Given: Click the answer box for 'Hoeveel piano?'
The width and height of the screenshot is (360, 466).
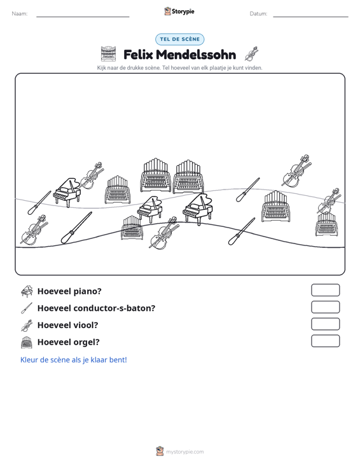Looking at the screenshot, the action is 325,290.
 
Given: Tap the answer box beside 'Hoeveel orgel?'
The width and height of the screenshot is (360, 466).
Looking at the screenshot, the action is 325,341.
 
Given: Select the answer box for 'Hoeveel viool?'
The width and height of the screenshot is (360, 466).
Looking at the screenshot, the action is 325,324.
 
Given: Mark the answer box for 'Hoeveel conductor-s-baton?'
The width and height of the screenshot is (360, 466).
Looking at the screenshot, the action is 325,307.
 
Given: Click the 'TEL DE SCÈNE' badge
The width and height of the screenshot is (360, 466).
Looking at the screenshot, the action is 180,39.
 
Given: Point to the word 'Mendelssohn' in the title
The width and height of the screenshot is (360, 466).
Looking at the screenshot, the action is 196,55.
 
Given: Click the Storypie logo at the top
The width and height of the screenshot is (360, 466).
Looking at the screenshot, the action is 179,11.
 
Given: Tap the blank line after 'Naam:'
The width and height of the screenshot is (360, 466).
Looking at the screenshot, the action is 83,17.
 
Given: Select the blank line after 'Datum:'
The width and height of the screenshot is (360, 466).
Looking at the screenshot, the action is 310,17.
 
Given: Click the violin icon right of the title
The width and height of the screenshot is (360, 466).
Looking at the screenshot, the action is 251,54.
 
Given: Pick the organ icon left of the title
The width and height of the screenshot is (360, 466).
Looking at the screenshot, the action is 108,54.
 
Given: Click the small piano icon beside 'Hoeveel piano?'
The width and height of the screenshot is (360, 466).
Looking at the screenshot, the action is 27,291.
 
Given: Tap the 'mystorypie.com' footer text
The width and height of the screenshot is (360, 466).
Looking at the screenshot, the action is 185,452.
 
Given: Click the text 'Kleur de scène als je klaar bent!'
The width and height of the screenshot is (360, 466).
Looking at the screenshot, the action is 73,360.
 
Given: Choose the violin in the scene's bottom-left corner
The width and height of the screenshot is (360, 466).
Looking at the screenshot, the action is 34,230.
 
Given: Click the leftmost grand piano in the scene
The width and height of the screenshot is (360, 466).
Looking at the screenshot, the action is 67,193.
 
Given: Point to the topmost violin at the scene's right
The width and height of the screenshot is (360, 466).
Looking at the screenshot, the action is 296,170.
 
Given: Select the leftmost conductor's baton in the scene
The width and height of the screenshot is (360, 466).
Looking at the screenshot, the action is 39,203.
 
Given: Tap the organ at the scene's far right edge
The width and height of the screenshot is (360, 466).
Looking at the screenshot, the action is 326,224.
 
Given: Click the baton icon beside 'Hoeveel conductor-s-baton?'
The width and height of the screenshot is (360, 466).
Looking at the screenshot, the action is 27,308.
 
